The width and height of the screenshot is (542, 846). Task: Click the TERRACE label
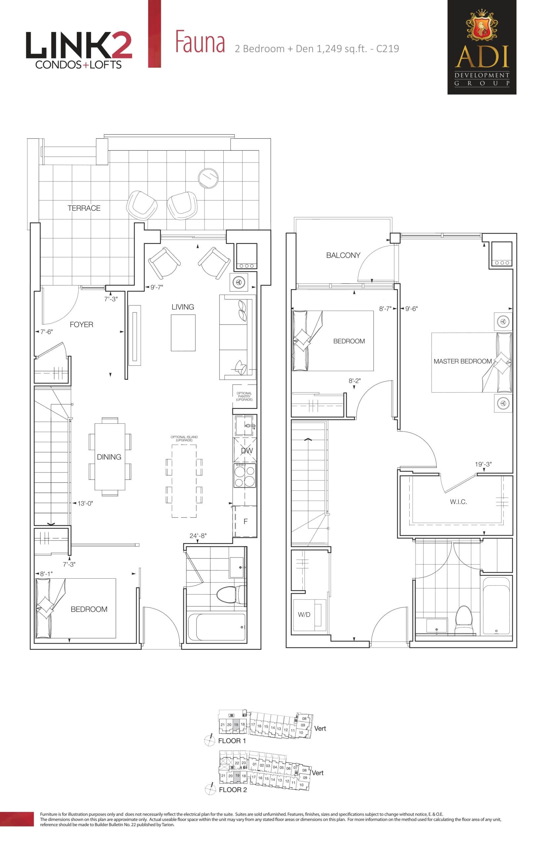[x=84, y=208]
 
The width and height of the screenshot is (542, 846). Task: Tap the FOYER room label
[x=81, y=325]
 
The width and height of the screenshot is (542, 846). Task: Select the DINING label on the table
[x=109, y=457]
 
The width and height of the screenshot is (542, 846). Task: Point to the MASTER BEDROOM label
[x=463, y=361]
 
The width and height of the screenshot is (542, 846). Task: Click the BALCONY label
[x=343, y=255]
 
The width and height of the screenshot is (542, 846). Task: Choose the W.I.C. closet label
[x=458, y=502]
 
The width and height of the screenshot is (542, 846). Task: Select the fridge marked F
[x=245, y=521]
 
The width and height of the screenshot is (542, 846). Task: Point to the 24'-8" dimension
[x=198, y=536]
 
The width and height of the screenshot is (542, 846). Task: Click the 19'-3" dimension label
[x=483, y=464]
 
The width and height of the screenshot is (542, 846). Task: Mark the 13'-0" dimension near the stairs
[x=85, y=503]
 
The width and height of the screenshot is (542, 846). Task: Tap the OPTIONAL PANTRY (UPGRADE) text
[x=244, y=397]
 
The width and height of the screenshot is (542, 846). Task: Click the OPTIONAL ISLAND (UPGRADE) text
[x=184, y=438]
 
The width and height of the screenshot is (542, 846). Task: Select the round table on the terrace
[x=208, y=178]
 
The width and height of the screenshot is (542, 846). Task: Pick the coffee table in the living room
[x=183, y=332]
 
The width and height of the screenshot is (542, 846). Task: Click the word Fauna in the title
[x=200, y=42]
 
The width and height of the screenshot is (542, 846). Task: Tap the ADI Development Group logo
[x=481, y=47]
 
